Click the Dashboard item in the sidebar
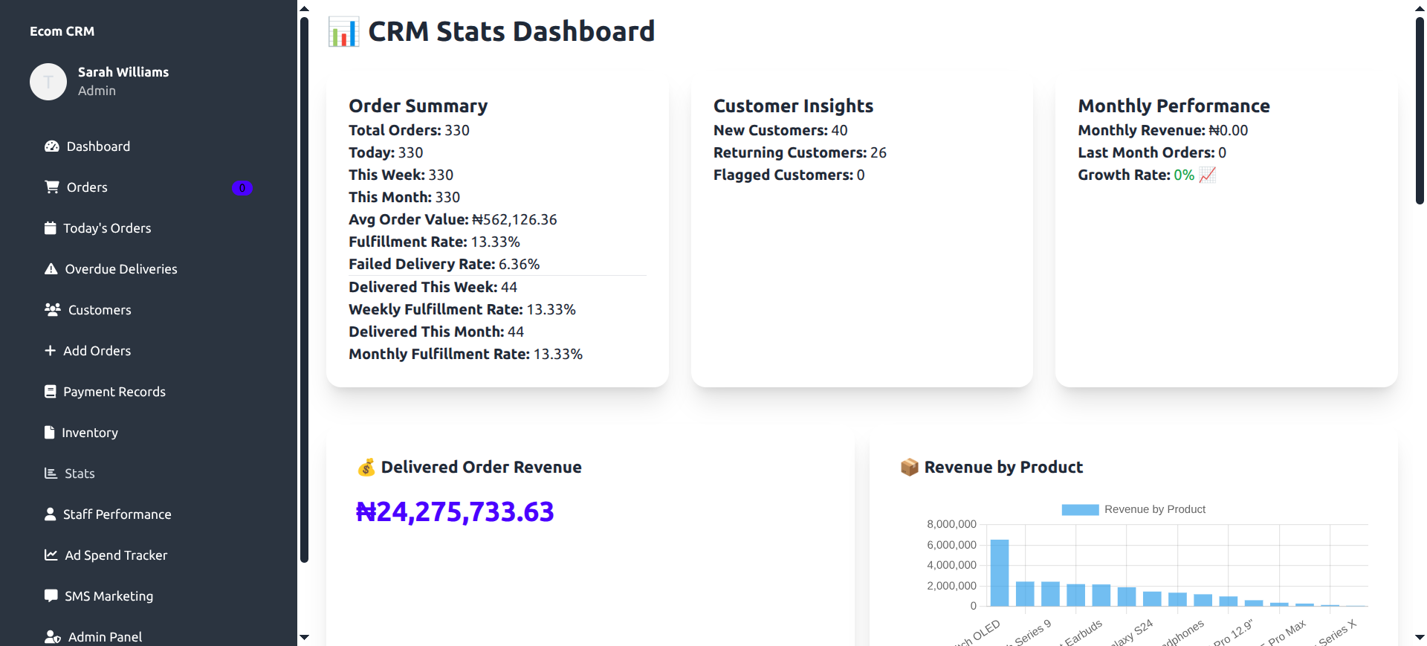click(97, 146)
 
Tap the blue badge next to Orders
click(242, 188)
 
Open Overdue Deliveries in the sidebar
click(120, 269)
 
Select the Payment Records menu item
click(114, 392)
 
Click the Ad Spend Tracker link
click(115, 555)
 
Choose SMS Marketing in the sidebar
click(109, 596)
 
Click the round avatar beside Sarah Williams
click(48, 82)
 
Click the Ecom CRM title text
click(62, 31)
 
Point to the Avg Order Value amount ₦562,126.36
click(514, 220)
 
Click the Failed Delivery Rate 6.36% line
click(444, 265)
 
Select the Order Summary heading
click(418, 106)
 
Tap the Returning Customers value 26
click(878, 153)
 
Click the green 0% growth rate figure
click(1183, 175)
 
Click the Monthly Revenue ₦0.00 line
click(1162, 131)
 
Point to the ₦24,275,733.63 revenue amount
click(455, 512)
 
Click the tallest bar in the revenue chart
click(999, 572)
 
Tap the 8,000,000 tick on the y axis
click(951, 524)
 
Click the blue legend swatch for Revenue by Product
click(1079, 509)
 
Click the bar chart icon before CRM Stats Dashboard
click(343, 32)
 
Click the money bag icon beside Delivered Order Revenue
click(366, 468)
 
